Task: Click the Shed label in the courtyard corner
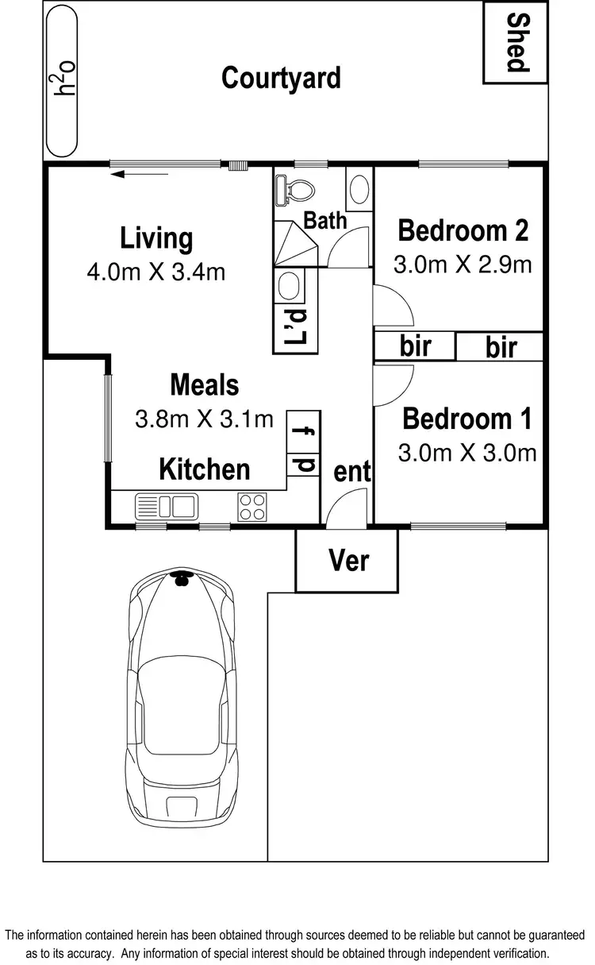(518, 42)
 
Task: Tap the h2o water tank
(62, 81)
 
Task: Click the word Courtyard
(281, 78)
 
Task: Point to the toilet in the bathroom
(294, 190)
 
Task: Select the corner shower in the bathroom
(295, 244)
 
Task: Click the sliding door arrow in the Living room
(139, 174)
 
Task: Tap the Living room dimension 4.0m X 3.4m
(156, 272)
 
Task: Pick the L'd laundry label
(296, 326)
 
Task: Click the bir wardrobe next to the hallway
(415, 345)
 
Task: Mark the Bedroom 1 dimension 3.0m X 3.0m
(467, 453)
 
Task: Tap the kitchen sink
(167, 507)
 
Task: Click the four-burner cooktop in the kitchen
(252, 507)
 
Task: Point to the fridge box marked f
(303, 431)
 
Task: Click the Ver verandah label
(349, 561)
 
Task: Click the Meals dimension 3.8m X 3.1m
(205, 419)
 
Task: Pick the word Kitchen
(205, 469)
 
